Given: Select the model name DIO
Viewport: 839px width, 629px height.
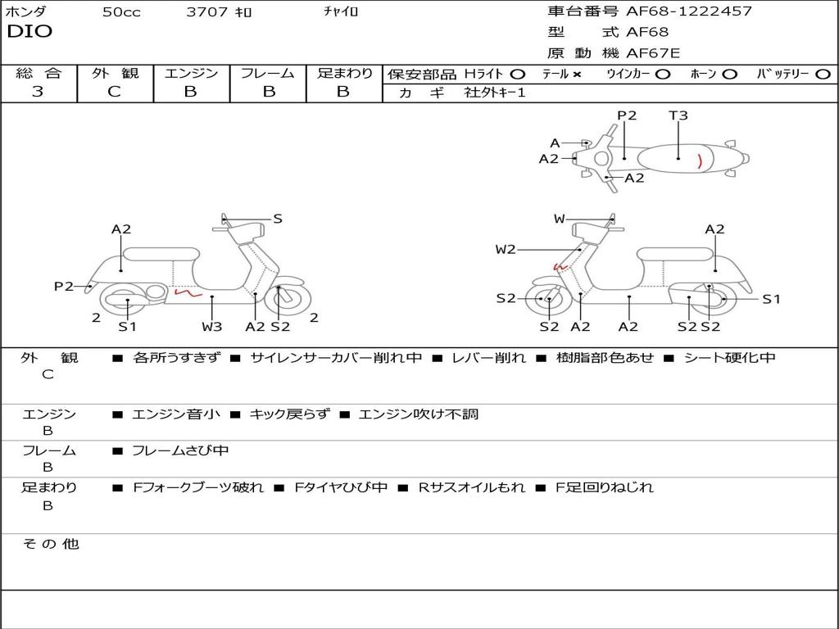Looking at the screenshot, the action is (29, 32).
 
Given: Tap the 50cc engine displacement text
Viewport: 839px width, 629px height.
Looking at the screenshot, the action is (121, 12).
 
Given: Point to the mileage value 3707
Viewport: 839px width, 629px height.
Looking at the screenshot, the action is (206, 12).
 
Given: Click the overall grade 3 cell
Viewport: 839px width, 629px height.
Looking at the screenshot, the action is (38, 92).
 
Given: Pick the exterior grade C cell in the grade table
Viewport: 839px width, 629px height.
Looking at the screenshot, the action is (114, 92).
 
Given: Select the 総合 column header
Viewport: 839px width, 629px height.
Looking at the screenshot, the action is (39, 74).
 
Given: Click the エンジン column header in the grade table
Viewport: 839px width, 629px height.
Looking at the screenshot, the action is (191, 74).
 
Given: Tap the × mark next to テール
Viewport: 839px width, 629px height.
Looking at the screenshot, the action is (577, 75).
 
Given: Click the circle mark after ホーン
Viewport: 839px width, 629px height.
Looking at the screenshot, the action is (730, 75).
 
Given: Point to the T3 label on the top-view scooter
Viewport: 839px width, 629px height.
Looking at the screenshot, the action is (678, 115).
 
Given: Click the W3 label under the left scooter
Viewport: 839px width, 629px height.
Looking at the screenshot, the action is (212, 327).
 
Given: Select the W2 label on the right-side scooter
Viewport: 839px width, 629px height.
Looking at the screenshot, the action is (506, 249).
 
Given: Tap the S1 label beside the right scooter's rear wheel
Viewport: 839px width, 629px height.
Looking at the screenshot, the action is (771, 299).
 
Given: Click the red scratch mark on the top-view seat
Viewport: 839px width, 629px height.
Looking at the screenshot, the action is (699, 160).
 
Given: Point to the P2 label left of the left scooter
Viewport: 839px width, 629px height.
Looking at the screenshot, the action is (64, 286).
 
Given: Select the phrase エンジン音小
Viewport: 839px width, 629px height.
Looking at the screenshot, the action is (176, 414).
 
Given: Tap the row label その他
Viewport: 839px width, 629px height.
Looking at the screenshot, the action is (50, 544).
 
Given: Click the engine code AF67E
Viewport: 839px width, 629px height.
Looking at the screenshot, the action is (653, 53).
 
